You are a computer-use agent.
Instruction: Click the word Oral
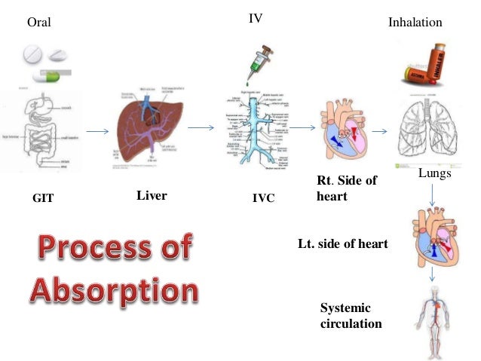(x=38, y=23)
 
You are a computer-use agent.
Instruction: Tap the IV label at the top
(x=256, y=17)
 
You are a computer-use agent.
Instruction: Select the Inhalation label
(x=415, y=23)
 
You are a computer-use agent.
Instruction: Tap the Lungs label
(x=433, y=174)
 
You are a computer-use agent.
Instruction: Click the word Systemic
(x=345, y=309)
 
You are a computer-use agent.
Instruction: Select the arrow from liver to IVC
(x=198, y=129)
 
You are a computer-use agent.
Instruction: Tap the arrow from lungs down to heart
(x=432, y=197)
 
